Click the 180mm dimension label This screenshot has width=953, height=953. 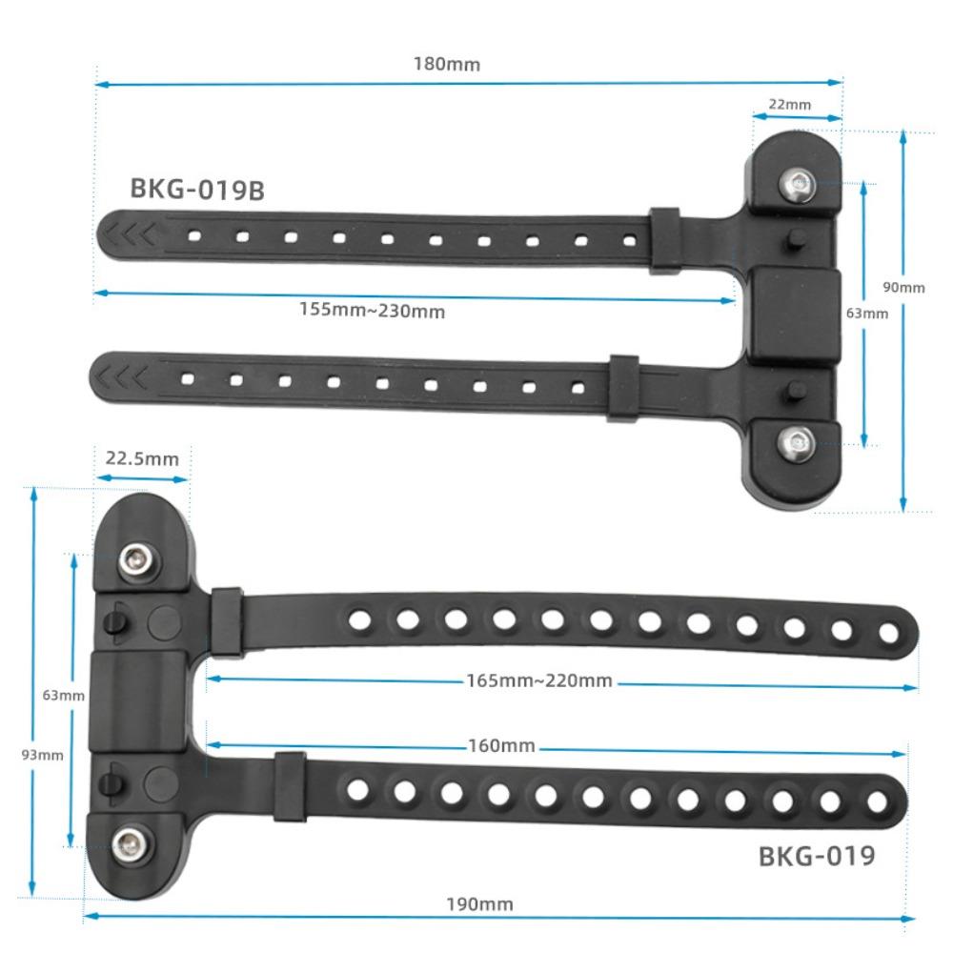pyautogui.click(x=446, y=65)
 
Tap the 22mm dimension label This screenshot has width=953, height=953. pyautogui.click(x=790, y=105)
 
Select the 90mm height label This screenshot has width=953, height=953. pyautogui.click(x=903, y=288)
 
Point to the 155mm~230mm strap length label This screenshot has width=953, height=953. pyautogui.click(x=372, y=311)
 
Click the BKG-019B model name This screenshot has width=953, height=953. pyautogui.click(x=196, y=189)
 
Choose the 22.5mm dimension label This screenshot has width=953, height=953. pyautogui.click(x=142, y=458)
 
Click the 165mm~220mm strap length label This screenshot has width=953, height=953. pyautogui.click(x=538, y=680)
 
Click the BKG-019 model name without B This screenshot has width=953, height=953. pyautogui.click(x=816, y=856)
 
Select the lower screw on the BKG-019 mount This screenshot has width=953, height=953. pyautogui.click(x=130, y=842)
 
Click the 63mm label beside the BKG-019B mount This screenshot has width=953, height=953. pyautogui.click(x=866, y=313)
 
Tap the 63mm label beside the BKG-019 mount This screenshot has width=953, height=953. pyautogui.click(x=63, y=695)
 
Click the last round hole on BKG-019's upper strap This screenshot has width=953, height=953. pyautogui.click(x=888, y=632)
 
